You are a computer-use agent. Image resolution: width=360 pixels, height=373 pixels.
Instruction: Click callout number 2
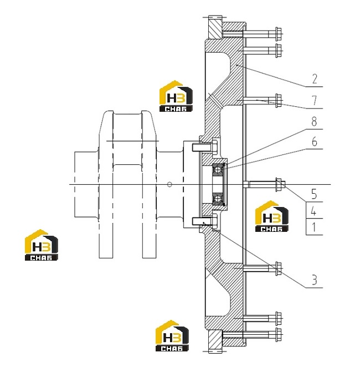[x=315, y=79]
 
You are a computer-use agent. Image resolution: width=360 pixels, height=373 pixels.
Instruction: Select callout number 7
[x=315, y=100]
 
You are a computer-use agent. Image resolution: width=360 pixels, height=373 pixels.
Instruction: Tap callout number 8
[x=314, y=122]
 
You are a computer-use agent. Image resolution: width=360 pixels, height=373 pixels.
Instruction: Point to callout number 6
[x=315, y=142]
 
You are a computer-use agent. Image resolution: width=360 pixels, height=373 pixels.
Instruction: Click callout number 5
[x=314, y=194]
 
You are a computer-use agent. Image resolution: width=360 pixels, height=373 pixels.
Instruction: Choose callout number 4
[x=314, y=211]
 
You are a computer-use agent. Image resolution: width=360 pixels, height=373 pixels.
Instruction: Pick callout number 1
[x=314, y=227]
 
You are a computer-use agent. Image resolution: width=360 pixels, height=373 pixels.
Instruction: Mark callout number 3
[x=315, y=280]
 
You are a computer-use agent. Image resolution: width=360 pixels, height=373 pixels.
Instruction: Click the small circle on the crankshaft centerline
[x=169, y=184]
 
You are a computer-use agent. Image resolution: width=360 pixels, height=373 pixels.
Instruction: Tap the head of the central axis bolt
[x=279, y=184]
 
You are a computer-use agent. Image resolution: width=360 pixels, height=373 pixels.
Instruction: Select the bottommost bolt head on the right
[x=278, y=335]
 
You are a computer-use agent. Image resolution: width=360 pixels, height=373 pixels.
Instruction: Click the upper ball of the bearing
[x=217, y=170]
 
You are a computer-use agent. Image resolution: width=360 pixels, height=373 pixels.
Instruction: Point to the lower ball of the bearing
[x=217, y=199]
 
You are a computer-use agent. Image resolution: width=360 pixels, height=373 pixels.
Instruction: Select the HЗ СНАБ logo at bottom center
[x=172, y=336]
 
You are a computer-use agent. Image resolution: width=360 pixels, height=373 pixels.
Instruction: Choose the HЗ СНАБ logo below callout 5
[x=272, y=216]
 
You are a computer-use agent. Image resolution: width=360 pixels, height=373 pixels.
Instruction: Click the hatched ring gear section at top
[x=215, y=27]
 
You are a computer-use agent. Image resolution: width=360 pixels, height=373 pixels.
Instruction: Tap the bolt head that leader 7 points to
[x=278, y=101]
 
